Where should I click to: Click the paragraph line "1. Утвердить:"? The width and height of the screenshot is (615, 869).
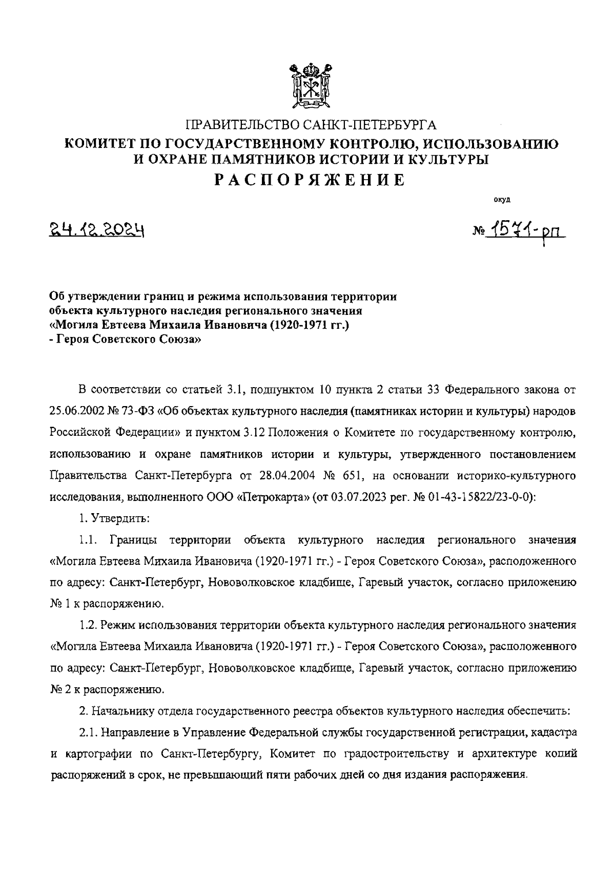pyautogui.click(x=114, y=518)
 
